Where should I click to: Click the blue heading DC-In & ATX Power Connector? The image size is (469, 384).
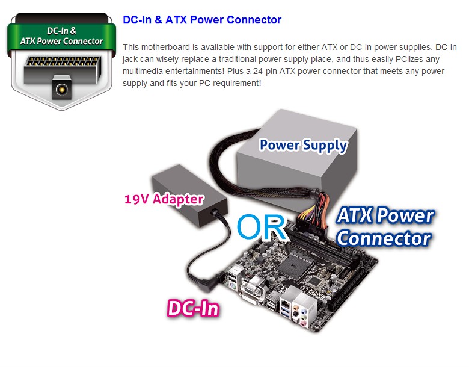tap(202, 20)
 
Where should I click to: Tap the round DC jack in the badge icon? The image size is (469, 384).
tap(62, 89)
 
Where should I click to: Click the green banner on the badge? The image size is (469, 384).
tap(61, 36)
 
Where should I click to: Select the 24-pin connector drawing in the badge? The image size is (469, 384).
tap(62, 70)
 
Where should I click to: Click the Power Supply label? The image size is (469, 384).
tap(303, 146)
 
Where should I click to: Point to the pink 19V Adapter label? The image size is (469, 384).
tap(164, 199)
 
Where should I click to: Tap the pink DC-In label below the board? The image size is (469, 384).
tap(193, 308)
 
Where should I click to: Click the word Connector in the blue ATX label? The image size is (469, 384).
tap(384, 238)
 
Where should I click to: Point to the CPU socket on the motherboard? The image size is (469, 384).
tap(292, 265)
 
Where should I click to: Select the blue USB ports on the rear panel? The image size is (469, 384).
tap(284, 309)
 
